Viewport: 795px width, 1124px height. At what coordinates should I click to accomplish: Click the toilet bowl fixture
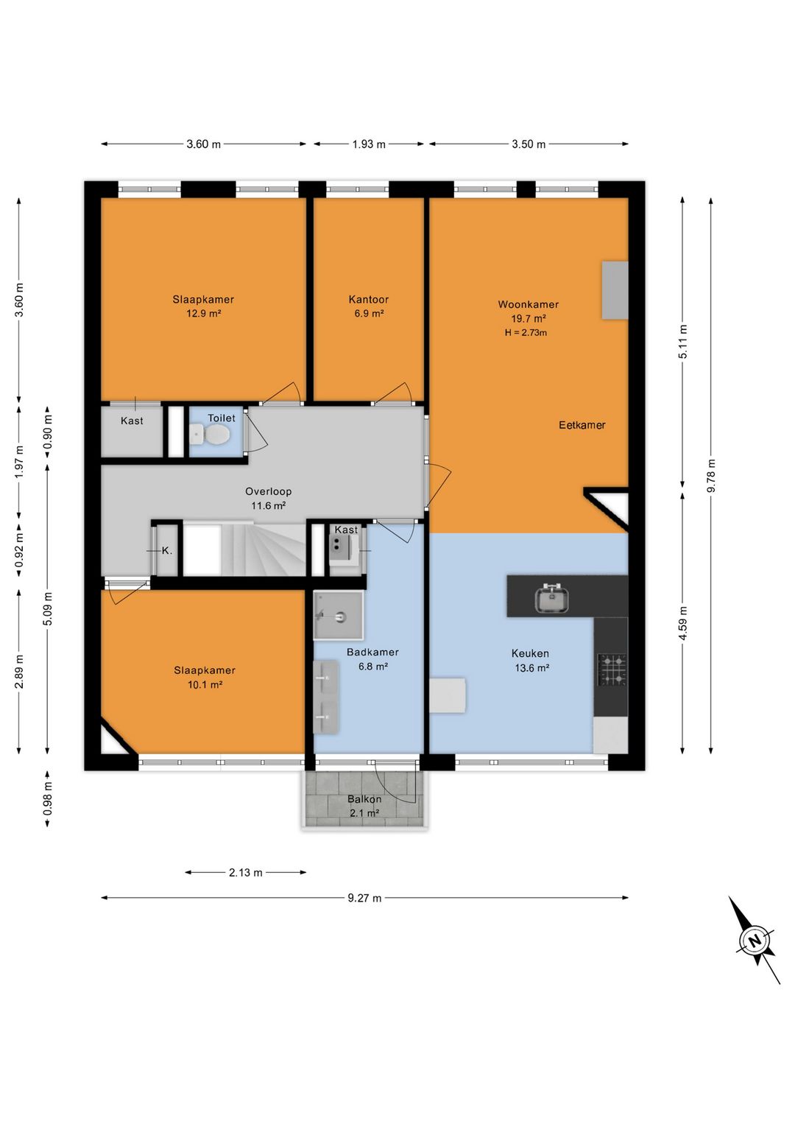click(x=211, y=434)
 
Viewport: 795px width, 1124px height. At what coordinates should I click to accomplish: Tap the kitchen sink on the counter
click(x=552, y=599)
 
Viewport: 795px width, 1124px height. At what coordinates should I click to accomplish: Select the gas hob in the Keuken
click(x=612, y=670)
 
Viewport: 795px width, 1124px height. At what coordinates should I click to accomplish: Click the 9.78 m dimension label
click(x=711, y=475)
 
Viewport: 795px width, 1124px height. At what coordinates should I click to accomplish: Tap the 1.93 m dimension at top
click(x=369, y=144)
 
